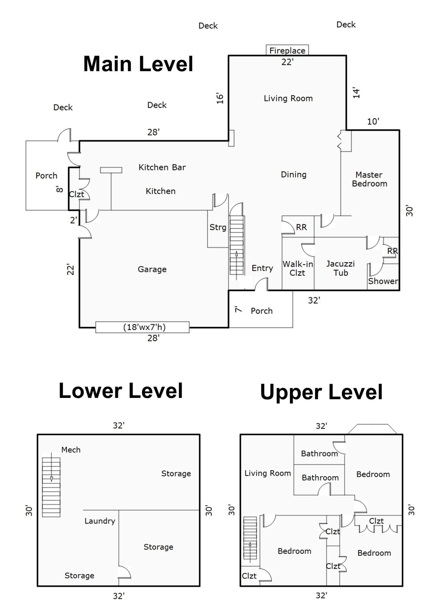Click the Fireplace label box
point(287,50)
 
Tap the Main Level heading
point(138,64)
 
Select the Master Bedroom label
point(369,179)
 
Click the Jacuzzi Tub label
point(340,268)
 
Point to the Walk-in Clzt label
point(297,268)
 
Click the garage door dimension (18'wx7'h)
point(144,327)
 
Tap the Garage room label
point(152,269)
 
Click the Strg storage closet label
point(218,227)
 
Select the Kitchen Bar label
point(162,167)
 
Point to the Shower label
point(383,281)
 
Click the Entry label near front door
point(262,268)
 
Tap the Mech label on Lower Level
point(71,450)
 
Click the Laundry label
point(100,521)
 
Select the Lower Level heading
point(121,391)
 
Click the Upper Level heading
point(321,392)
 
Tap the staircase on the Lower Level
point(51,487)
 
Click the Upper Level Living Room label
point(267,473)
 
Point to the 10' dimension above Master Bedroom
point(373,121)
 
